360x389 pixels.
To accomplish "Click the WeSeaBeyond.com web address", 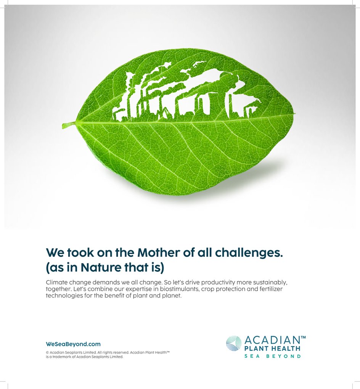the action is [x=73, y=344].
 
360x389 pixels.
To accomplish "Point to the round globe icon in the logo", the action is [x=234, y=343].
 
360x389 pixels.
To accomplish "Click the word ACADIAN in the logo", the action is [x=272, y=340].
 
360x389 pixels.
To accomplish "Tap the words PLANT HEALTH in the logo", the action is [x=272, y=349].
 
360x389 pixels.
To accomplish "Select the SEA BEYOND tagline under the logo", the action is [x=272, y=356].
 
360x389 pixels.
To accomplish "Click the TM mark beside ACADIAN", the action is [x=303, y=338].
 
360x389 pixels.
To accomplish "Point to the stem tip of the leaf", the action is [x=63, y=125].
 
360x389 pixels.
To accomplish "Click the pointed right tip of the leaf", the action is [x=295, y=114].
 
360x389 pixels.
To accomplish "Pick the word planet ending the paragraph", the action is [x=174, y=296].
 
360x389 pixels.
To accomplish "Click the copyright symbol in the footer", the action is [x=47, y=352].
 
